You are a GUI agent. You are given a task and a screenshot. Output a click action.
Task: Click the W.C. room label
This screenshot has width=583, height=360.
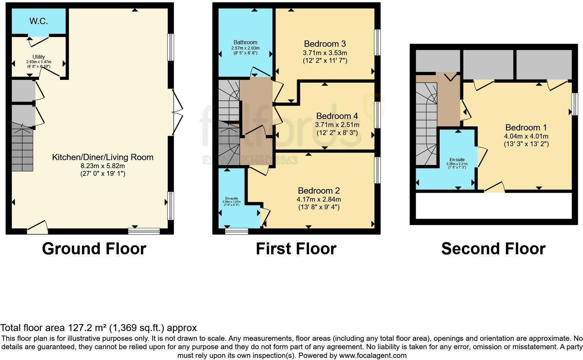(x=38, y=21)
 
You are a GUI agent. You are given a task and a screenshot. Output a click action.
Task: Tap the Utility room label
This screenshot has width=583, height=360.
(x=39, y=57)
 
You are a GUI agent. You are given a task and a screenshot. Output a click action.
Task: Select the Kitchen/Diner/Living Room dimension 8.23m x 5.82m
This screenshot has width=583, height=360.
(x=103, y=166)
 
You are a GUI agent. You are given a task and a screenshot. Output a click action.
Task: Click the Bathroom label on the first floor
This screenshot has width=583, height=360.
(x=245, y=42)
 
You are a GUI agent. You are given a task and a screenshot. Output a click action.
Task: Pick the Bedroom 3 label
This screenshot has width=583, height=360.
(x=325, y=44)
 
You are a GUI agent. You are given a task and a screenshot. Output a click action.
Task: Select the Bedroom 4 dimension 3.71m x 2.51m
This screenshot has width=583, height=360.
(x=337, y=125)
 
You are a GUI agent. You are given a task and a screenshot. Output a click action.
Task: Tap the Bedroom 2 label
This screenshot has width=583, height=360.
(x=319, y=191)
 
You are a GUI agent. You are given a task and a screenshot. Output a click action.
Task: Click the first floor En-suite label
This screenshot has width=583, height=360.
(x=232, y=198)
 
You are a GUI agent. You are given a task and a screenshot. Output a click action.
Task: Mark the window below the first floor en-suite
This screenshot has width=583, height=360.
(x=237, y=231)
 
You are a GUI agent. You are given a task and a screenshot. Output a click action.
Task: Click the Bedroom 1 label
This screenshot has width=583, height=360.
(x=526, y=127)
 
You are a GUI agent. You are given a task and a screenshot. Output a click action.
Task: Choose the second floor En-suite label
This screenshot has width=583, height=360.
(x=457, y=160)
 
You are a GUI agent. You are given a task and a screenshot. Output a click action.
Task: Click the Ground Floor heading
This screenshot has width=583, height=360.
(x=94, y=249)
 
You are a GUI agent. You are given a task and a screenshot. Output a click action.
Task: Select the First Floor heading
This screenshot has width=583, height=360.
(x=296, y=249)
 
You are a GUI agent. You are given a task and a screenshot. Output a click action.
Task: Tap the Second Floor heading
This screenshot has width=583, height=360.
(x=493, y=249)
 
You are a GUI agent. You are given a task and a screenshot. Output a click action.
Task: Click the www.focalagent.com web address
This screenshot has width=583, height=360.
(x=373, y=356)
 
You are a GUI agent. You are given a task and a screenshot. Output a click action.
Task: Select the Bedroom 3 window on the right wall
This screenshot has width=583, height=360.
(x=377, y=43)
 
